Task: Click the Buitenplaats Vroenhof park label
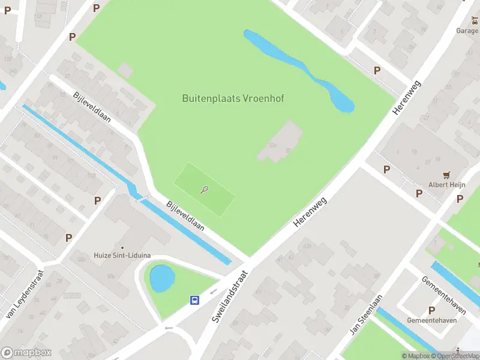[233, 98]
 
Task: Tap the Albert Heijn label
[446, 185]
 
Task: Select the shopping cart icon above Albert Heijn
[446, 175]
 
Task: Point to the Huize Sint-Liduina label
[122, 256]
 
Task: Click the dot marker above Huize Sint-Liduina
[122, 247]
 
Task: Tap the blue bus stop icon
[195, 300]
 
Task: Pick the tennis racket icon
[205, 190]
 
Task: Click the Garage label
[467, 31]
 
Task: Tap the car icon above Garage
[475, 21]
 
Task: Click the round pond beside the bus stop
[162, 278]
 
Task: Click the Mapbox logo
[26, 353]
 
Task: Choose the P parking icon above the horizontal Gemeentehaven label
[431, 310]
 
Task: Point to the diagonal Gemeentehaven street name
[443, 293]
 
